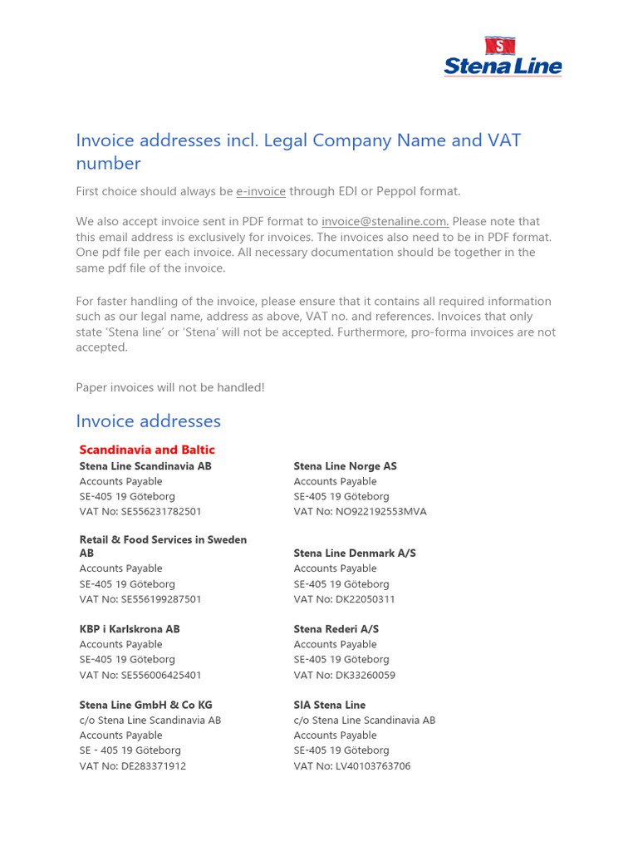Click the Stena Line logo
(503, 57)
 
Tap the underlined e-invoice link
(261, 192)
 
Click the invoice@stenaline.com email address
(385, 222)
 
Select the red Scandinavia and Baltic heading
(147, 450)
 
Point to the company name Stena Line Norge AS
(345, 466)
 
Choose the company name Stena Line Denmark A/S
(355, 553)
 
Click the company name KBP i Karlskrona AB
(130, 629)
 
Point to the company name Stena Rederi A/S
(336, 629)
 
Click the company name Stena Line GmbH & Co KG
(145, 705)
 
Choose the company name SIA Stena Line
(329, 705)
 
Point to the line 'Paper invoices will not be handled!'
(170, 388)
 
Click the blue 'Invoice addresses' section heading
(149, 421)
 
